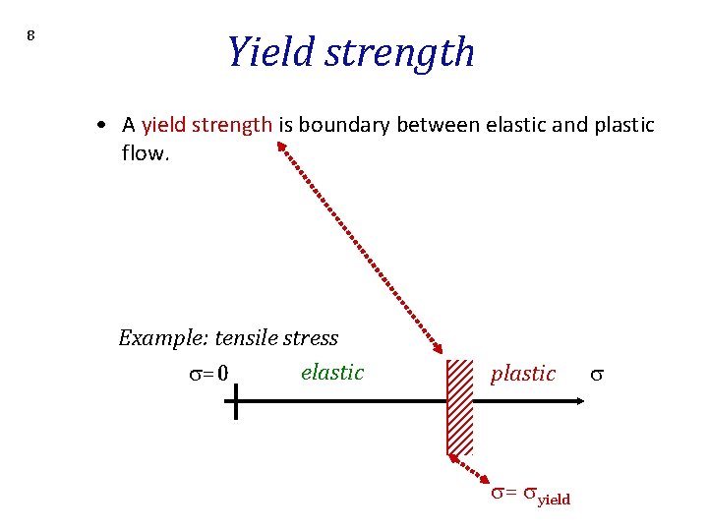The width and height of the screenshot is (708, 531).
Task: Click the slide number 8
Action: pyautogui.click(x=30, y=36)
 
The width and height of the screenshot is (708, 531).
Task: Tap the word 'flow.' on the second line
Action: pyautogui.click(x=146, y=153)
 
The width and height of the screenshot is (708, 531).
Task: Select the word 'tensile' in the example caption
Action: pyautogui.click(x=245, y=338)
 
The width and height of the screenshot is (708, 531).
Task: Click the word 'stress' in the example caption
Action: pyautogui.click(x=310, y=338)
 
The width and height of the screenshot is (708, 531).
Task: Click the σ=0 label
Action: pyautogui.click(x=207, y=374)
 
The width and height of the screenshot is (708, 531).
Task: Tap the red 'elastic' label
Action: pyautogui.click(x=332, y=372)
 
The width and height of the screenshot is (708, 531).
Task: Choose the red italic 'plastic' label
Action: pyautogui.click(x=522, y=374)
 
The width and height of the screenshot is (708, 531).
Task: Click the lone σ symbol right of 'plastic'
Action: pyautogui.click(x=595, y=375)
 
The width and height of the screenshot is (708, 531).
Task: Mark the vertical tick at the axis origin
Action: pyautogui.click(x=236, y=400)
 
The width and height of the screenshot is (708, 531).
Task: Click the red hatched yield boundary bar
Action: pyautogui.click(x=459, y=406)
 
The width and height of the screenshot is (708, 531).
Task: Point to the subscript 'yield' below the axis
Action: pyautogui.click(x=553, y=500)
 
